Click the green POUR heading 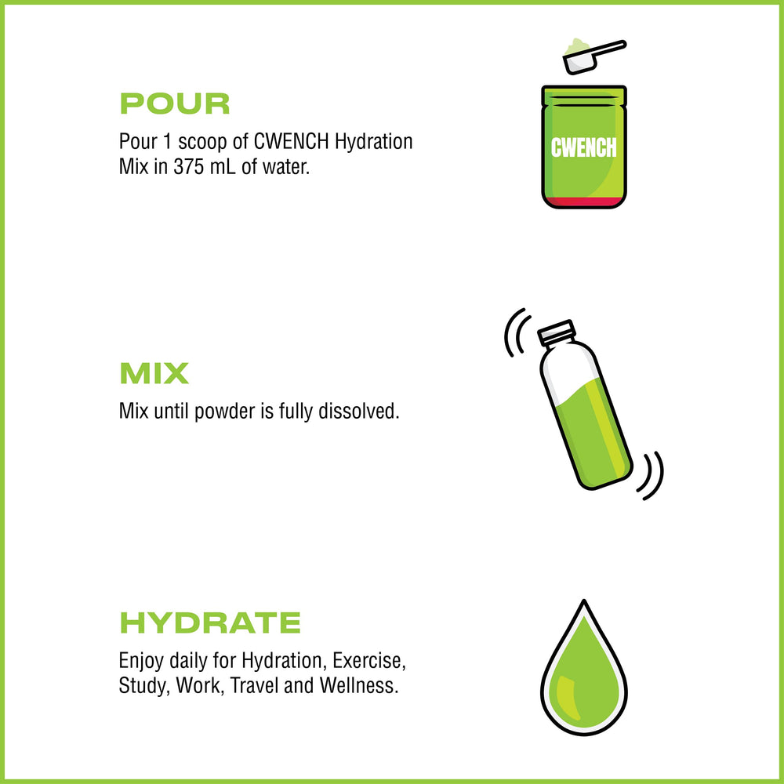(x=174, y=104)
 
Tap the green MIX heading (x=154, y=374)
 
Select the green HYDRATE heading (x=209, y=623)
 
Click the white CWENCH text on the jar (x=584, y=148)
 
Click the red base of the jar (x=584, y=202)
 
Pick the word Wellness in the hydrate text (x=358, y=686)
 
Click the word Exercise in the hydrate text (x=375, y=659)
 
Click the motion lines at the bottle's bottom (x=651, y=476)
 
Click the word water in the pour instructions (x=287, y=168)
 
